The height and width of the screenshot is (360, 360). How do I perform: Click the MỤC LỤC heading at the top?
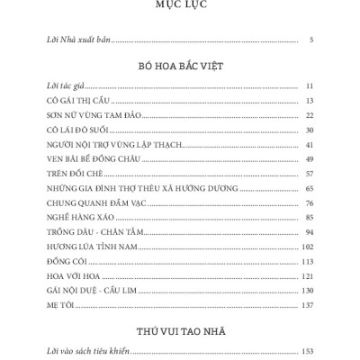pyautogui.click(x=180, y=5)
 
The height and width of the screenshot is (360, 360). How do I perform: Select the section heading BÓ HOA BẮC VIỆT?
pyautogui.click(x=180, y=67)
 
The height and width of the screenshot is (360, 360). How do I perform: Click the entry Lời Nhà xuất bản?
pyautogui.click(x=76, y=40)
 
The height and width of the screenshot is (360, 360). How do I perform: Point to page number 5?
pyautogui.click(x=310, y=40)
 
